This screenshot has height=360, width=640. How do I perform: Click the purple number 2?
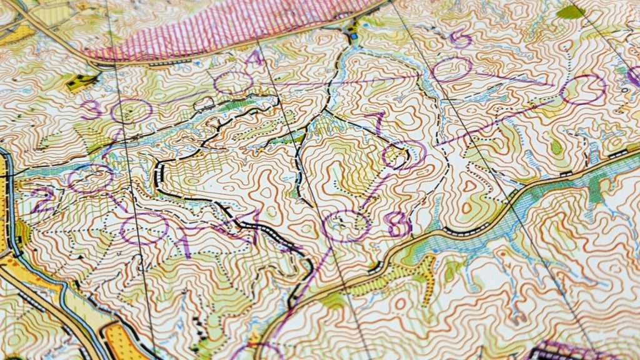click(x=44, y=201)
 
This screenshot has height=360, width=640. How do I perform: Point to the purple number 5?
click(x=461, y=39)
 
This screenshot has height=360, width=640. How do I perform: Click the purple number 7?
click(x=379, y=121)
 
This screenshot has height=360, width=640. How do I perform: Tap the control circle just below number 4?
click(x=232, y=82)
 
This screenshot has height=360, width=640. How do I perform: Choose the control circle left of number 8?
click(x=348, y=226)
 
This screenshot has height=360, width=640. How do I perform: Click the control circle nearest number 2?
click(x=91, y=179)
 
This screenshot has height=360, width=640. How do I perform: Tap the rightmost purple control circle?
click(x=584, y=89)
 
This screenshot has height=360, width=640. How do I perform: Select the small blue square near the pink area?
click(x=355, y=36)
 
